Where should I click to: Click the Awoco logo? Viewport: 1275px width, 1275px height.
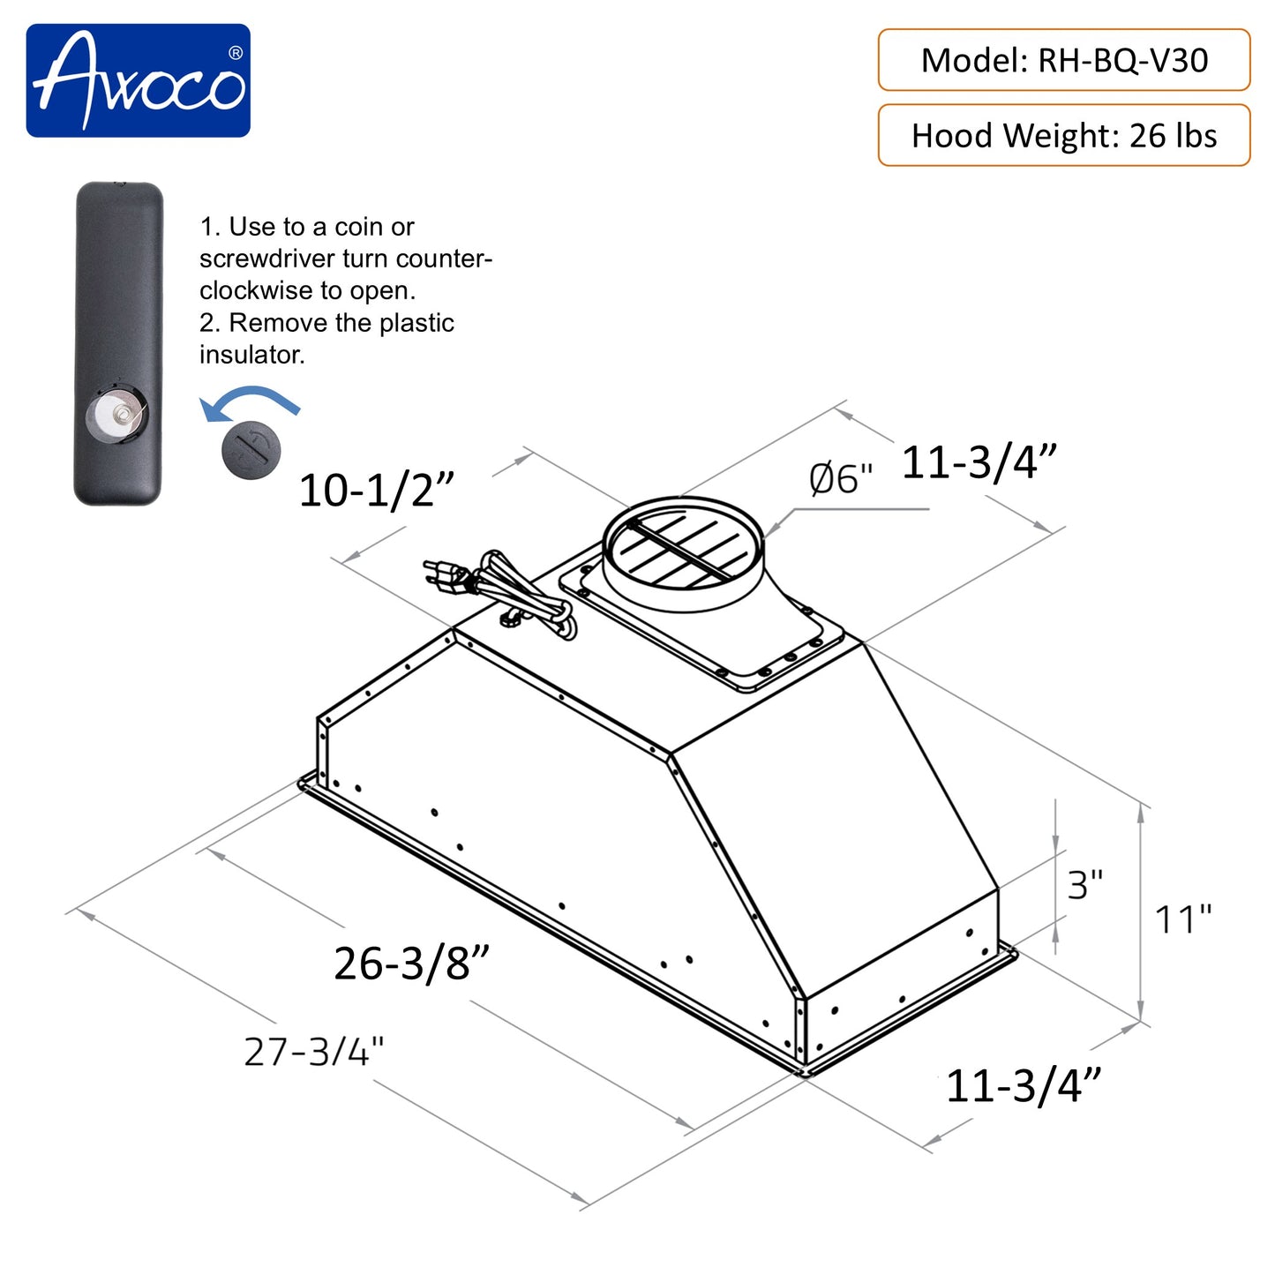pyautogui.click(x=138, y=80)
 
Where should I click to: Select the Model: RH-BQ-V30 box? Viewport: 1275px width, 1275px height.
pyautogui.click(x=1063, y=60)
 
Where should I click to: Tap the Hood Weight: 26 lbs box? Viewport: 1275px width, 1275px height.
pyautogui.click(x=1063, y=135)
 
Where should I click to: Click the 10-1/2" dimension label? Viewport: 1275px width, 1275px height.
pyautogui.click(x=376, y=490)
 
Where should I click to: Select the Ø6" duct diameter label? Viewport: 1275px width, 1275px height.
pyautogui.click(x=840, y=479)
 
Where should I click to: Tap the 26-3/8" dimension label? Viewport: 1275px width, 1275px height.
pyautogui.click(x=410, y=963)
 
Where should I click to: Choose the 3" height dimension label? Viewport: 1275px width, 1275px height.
pyautogui.click(x=1084, y=884)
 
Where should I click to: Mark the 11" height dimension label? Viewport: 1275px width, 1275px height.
pyautogui.click(x=1183, y=919)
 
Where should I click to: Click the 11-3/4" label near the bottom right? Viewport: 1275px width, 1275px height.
pyautogui.click(x=1024, y=1085)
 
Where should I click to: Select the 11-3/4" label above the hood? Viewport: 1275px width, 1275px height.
pyautogui.click(x=979, y=462)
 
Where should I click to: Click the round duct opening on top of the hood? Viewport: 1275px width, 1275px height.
pyautogui.click(x=682, y=543)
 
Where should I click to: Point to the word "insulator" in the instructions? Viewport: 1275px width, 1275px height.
pyautogui.click(x=251, y=355)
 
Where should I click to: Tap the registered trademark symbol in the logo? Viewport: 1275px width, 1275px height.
pyautogui.click(x=235, y=53)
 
